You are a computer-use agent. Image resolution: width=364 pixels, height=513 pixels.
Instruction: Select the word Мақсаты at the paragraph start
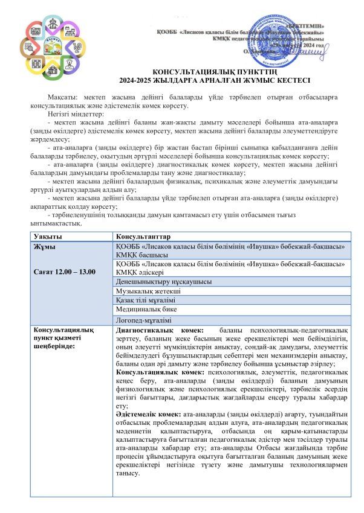pos(63,97)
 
